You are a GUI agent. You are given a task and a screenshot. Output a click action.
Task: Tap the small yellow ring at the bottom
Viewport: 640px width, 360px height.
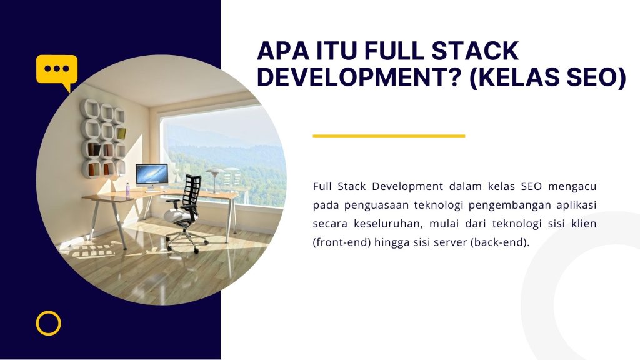tap(48, 323)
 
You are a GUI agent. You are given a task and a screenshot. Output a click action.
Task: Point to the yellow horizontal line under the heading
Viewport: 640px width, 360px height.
tap(389, 136)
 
